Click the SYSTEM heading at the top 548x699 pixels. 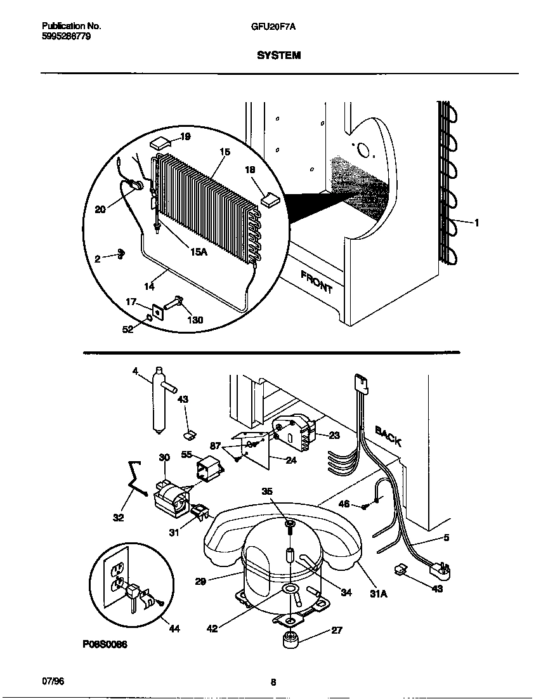(278, 56)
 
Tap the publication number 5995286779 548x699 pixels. (62, 36)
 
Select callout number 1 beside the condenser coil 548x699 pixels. (476, 222)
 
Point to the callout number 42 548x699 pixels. (213, 629)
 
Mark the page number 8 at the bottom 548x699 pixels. (273, 683)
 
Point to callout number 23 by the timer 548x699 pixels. (335, 435)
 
